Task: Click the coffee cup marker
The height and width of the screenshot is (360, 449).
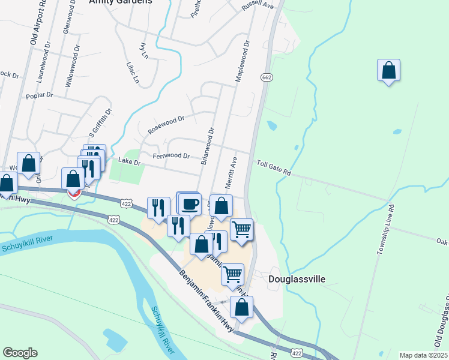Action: click(190, 204)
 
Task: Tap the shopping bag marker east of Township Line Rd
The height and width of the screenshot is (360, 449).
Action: click(388, 71)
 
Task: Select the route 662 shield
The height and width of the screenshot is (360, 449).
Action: click(267, 77)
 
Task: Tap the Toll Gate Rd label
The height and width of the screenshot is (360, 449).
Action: click(274, 167)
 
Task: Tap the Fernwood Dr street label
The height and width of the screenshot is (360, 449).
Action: click(171, 156)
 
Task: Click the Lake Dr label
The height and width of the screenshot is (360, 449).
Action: click(129, 161)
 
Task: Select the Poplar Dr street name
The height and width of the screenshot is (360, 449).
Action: click(40, 95)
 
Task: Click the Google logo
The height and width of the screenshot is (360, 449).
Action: click(20, 352)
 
